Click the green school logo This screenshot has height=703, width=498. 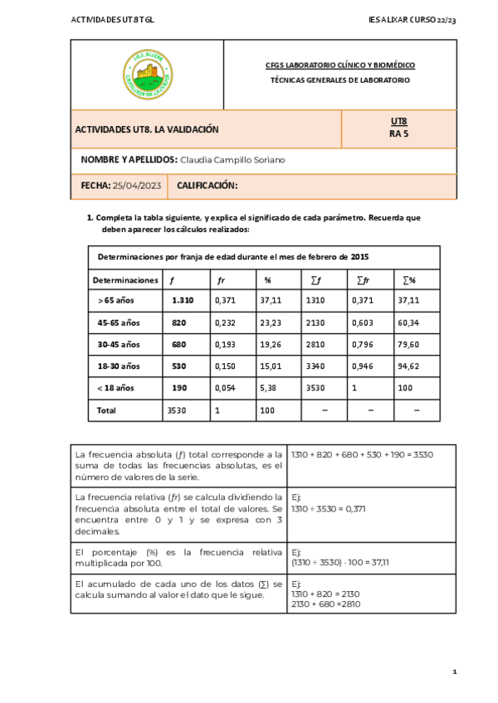(147, 74)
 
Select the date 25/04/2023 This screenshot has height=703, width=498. (137, 186)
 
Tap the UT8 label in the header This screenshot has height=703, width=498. (398, 121)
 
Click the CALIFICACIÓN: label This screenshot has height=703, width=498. (207, 186)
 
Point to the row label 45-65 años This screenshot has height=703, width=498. (119, 322)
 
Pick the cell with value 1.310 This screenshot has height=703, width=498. (183, 301)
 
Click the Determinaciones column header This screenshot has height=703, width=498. (125, 280)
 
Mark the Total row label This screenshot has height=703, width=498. (107, 410)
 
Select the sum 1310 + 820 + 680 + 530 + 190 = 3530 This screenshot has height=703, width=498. (362, 454)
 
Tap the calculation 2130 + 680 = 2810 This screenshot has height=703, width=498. (325, 604)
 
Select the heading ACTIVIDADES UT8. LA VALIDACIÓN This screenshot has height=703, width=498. (147, 129)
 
